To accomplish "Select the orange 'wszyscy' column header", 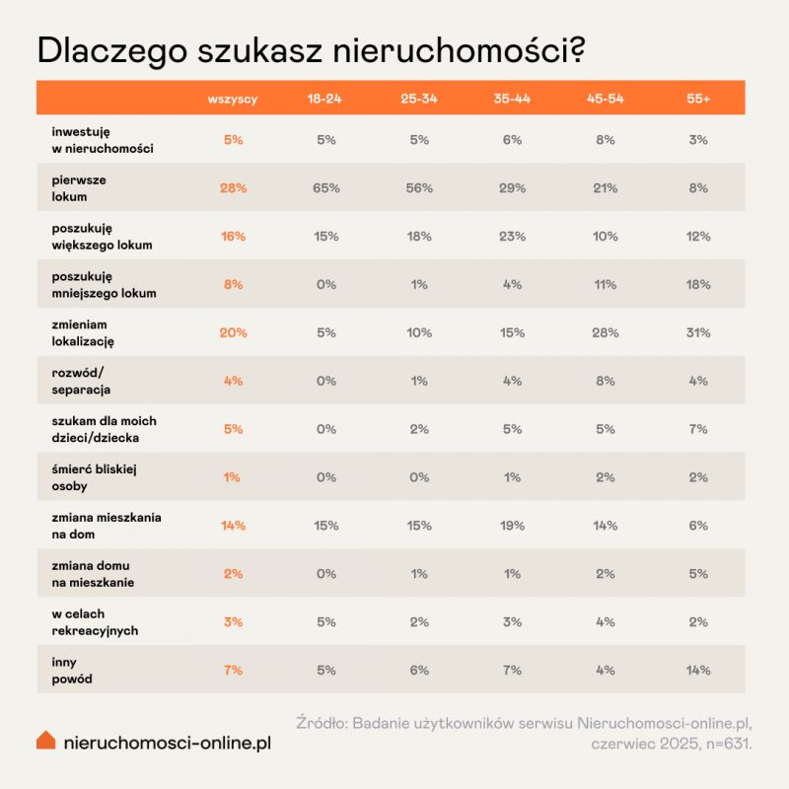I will [233, 100].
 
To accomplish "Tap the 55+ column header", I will [698, 100].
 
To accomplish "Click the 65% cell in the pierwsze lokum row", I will [326, 188].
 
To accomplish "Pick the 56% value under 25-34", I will [419, 188].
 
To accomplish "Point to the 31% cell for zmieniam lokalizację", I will [698, 333].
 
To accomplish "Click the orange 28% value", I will [233, 188].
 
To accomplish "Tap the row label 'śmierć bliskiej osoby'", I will [93, 477].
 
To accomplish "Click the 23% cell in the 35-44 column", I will [512, 237].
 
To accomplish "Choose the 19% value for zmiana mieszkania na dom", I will [512, 526].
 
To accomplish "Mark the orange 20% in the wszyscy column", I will [233, 333].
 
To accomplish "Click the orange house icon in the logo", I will [45, 740].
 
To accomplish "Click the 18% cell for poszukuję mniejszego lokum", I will [698, 285].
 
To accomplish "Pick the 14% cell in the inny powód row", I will [698, 671].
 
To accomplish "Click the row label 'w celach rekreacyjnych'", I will [95, 622].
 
